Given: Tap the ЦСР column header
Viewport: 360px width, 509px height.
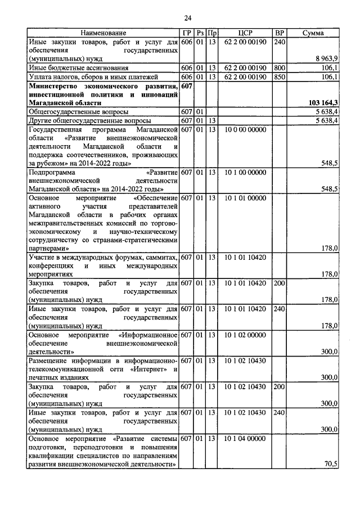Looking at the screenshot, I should (244, 34).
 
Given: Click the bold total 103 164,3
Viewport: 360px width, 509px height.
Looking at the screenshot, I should (323, 103).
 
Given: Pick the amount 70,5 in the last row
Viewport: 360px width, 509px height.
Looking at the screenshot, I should (331, 463).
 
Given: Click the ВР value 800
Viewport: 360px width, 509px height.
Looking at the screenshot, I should (280, 67).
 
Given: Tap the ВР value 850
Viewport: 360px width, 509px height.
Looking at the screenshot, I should (280, 76).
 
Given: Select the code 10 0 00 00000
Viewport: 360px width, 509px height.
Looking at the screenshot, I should (244, 130).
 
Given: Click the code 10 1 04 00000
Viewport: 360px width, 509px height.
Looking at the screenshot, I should (244, 438).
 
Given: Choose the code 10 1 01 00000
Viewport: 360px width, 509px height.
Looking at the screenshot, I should (244, 197).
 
